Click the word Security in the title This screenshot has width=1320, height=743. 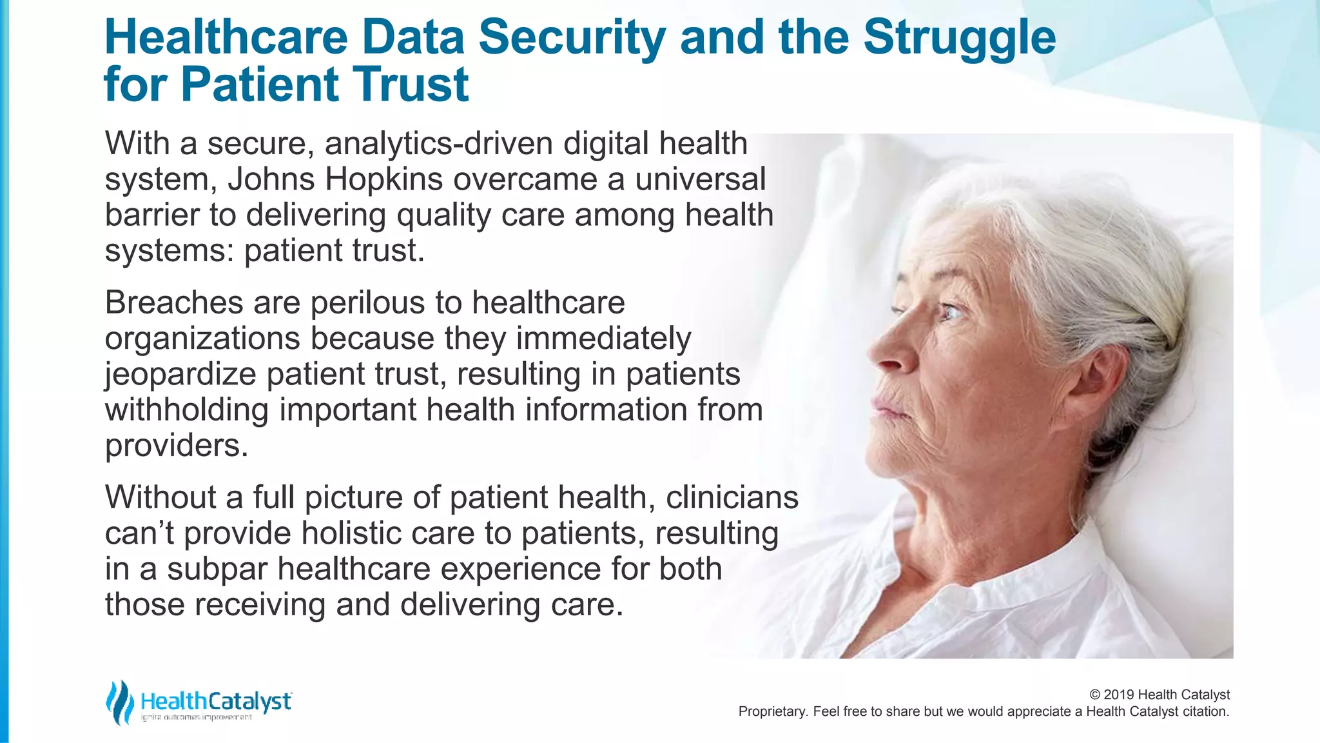572,37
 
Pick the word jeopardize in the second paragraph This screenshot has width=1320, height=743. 180,375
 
